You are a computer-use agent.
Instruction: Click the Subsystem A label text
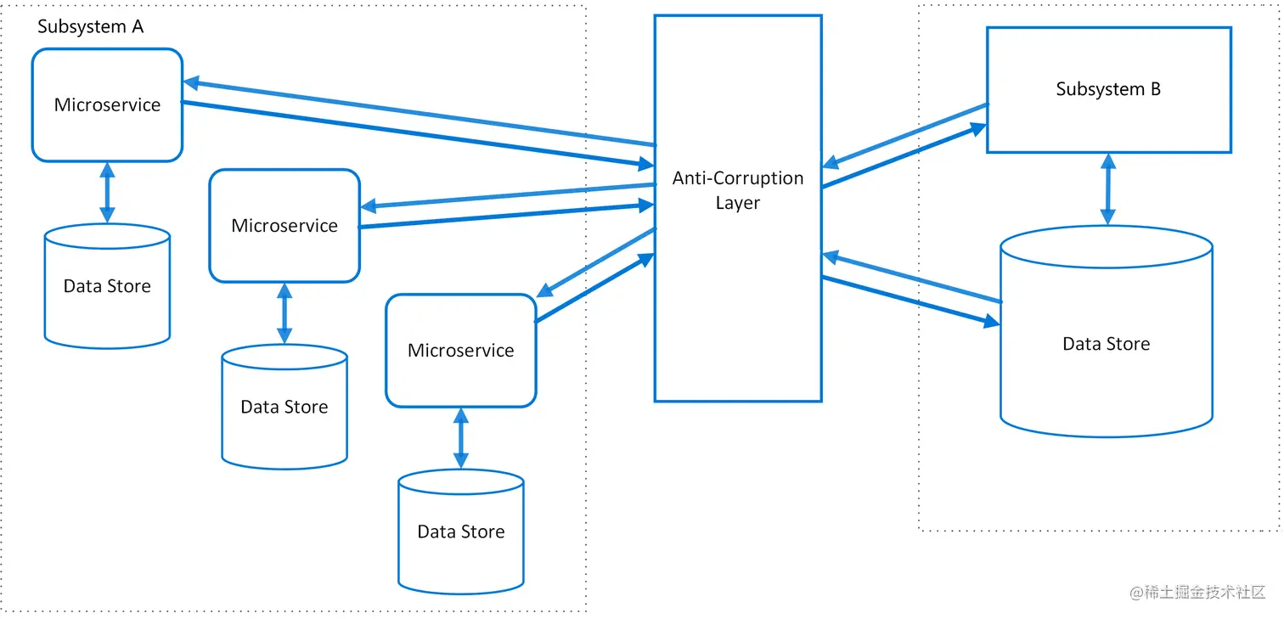(91, 27)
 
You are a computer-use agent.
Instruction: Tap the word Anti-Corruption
(738, 178)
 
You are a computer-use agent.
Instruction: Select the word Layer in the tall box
(738, 203)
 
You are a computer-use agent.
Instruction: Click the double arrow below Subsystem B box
(1108, 189)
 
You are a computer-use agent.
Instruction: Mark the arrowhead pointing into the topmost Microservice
(191, 83)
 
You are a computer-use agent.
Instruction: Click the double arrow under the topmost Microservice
(107, 193)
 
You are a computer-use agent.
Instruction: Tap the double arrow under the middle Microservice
(284, 313)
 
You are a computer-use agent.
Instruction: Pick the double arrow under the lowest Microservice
(461, 438)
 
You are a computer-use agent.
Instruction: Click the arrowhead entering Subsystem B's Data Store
(992, 322)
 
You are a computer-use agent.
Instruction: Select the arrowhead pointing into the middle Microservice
(369, 206)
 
